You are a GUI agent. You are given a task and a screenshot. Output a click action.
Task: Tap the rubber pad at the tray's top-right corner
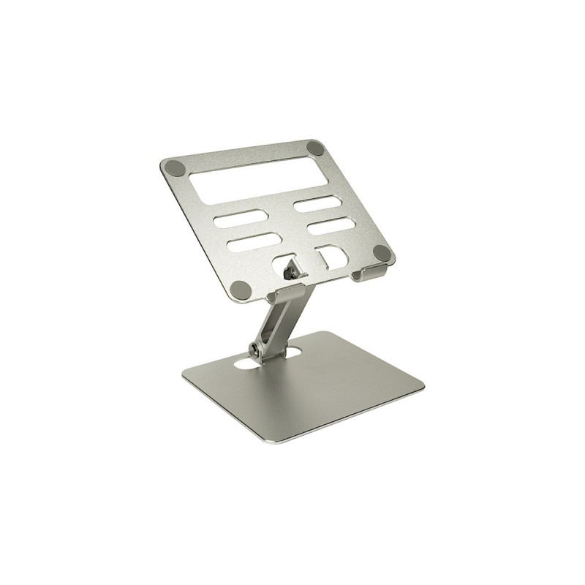pyautogui.click(x=316, y=148)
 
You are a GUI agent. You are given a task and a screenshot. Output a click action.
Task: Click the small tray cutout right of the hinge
pyautogui.click(x=331, y=257)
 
